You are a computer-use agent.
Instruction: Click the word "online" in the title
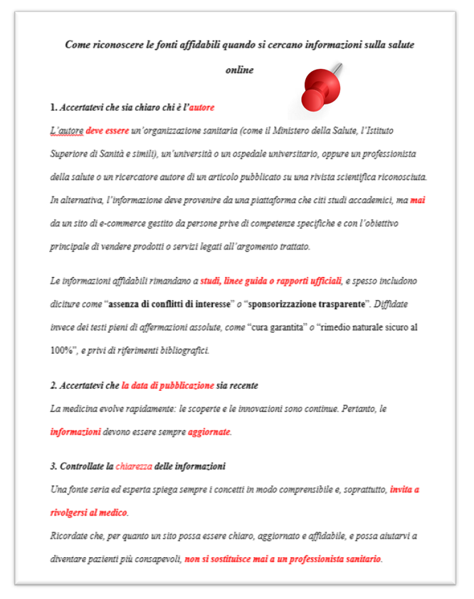coord(239,70)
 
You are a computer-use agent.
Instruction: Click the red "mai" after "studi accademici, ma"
coord(418,200)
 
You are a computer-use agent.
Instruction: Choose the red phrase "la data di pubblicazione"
coord(167,385)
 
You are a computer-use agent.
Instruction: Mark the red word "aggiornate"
coord(210,431)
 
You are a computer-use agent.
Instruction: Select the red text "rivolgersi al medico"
coord(89,512)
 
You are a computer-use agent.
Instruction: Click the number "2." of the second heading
coord(54,385)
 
